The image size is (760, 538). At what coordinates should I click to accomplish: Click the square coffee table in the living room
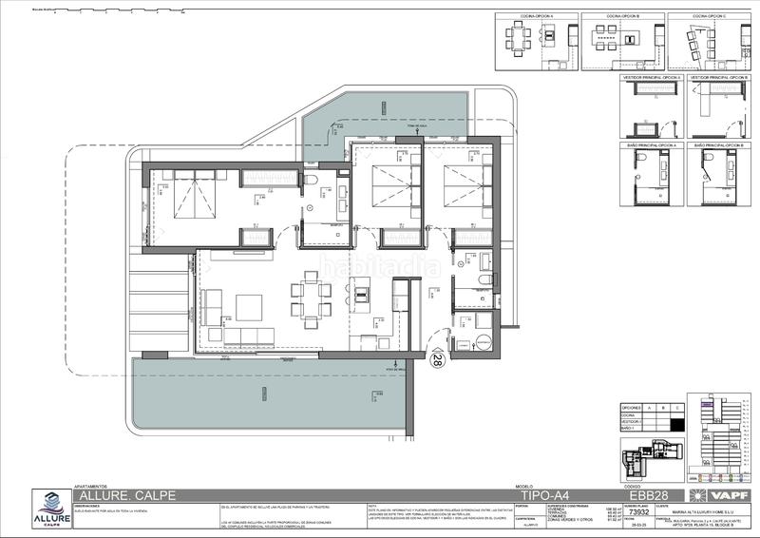[249, 307]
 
